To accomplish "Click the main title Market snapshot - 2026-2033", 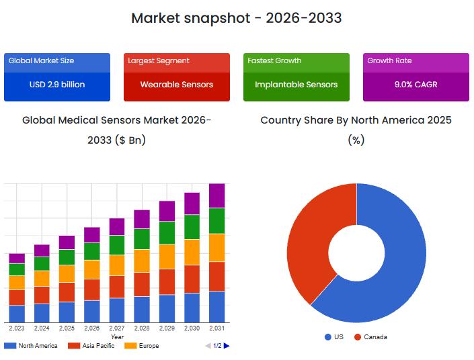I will click(x=236, y=18).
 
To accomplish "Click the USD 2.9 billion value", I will click(x=57, y=85).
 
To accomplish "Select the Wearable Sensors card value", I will click(x=177, y=85).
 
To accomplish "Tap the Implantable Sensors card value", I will click(x=297, y=85).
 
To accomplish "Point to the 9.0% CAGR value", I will click(x=416, y=85).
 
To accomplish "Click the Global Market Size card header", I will click(x=42, y=60).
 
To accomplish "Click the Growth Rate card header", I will click(x=389, y=60).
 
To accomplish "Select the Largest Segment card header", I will click(x=159, y=60).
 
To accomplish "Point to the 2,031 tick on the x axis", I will click(x=216, y=328).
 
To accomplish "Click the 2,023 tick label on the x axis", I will click(x=17, y=328).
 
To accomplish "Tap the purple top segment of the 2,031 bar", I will click(x=216, y=195).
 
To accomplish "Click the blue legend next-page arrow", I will click(x=227, y=346).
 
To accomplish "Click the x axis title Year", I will click(x=117, y=336).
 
